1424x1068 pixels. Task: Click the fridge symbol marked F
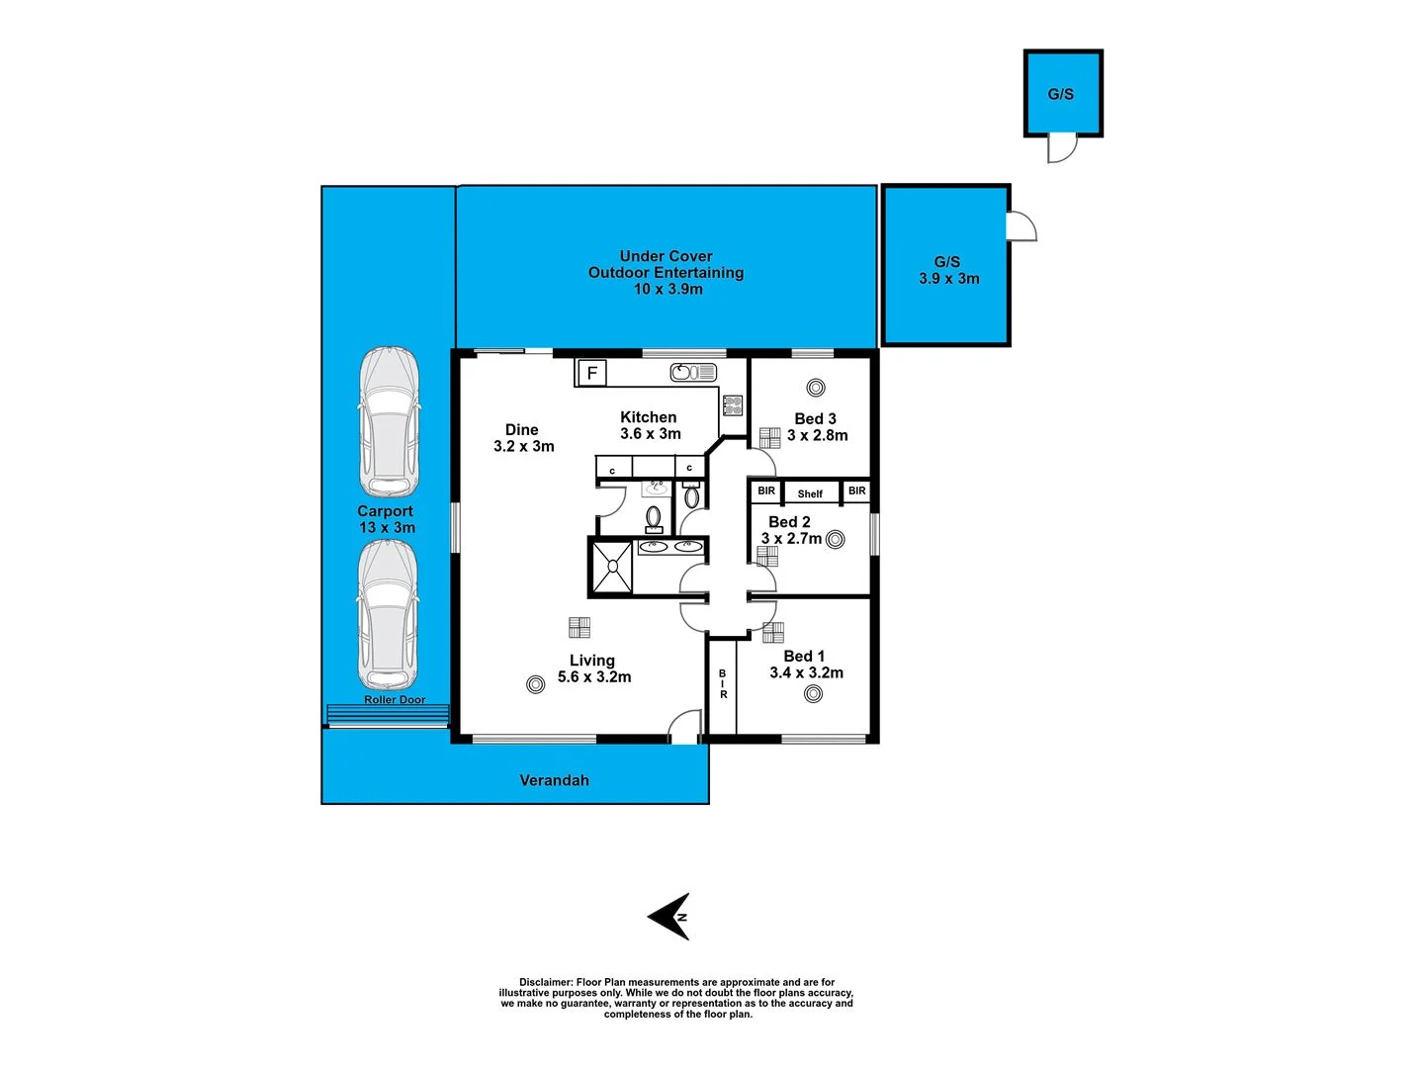(591, 373)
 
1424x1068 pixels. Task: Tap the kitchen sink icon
(693, 373)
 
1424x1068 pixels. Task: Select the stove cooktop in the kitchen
(733, 404)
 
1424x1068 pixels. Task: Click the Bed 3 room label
(816, 419)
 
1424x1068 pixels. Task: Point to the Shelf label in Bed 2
(810, 493)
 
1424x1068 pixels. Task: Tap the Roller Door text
(395, 700)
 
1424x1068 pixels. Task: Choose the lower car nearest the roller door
(388, 614)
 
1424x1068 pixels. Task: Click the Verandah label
(554, 780)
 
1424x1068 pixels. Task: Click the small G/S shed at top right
(1062, 94)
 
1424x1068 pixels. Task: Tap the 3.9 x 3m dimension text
(949, 279)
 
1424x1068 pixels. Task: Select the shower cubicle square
(612, 567)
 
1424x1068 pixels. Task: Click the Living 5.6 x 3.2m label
(593, 668)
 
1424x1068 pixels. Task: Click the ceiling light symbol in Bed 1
(813, 694)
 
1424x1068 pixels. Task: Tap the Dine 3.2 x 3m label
(523, 438)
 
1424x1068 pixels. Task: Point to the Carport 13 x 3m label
(386, 519)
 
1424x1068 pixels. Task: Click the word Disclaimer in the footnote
(545, 983)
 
